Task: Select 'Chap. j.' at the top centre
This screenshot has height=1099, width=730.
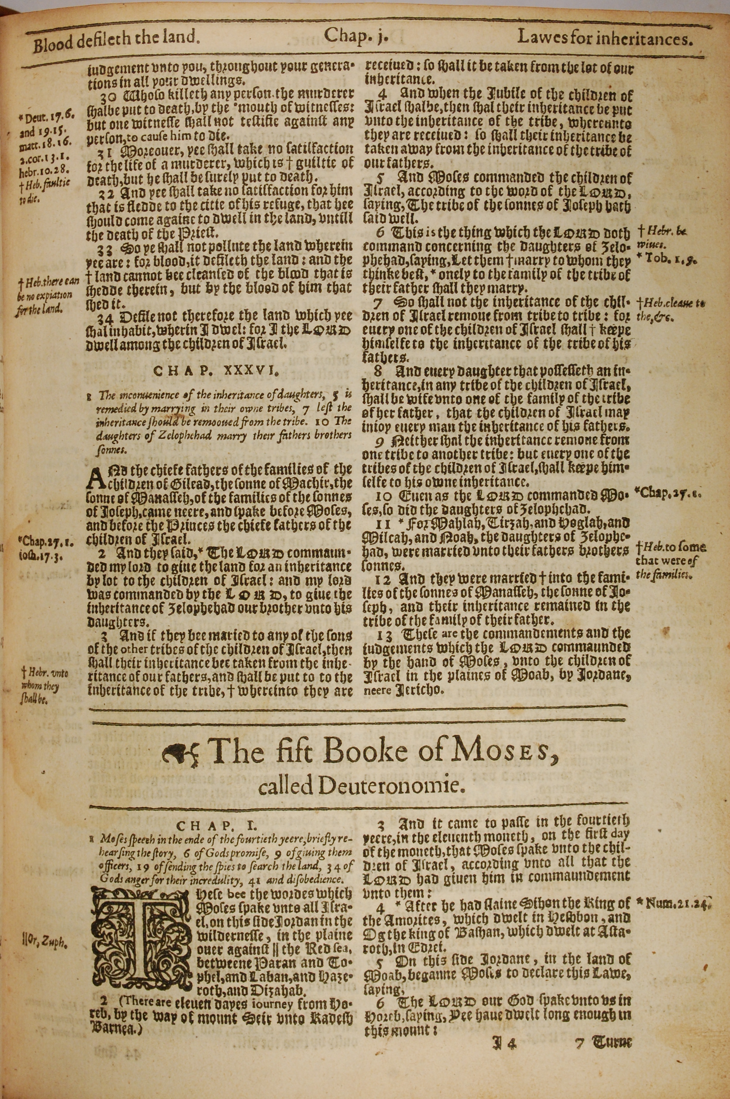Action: tap(356, 36)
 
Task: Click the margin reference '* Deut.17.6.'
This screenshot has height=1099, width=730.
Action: tap(44, 114)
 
